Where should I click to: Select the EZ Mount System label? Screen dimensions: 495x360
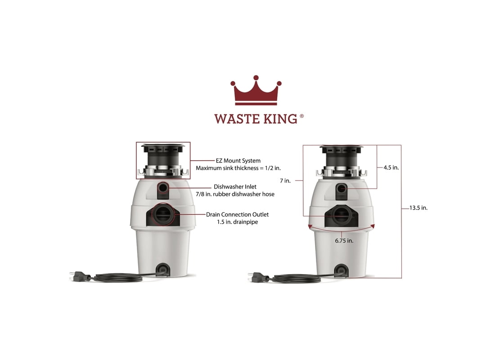pyautogui.click(x=238, y=161)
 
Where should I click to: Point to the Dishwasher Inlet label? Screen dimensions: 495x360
pyautogui.click(x=235, y=187)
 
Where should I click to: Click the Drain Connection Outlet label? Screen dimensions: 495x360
pyautogui.click(x=238, y=214)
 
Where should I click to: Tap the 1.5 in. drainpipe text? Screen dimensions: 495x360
pyautogui.click(x=238, y=222)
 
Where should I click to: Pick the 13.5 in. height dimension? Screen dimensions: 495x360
pyautogui.click(x=418, y=208)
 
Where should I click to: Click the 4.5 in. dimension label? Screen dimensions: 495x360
pyautogui.click(x=391, y=168)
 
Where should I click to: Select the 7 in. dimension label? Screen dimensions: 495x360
pyautogui.click(x=285, y=180)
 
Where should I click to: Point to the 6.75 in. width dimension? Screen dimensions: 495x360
pyautogui.click(x=344, y=241)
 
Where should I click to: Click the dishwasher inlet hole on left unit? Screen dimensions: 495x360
pyautogui.click(x=163, y=188)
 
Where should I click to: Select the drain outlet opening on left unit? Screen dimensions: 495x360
pyautogui.click(x=163, y=214)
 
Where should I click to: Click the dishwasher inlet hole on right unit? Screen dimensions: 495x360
pyautogui.click(x=341, y=189)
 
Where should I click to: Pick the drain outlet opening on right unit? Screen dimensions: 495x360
pyautogui.click(x=341, y=216)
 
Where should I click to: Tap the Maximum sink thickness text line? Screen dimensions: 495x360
pyautogui.click(x=238, y=168)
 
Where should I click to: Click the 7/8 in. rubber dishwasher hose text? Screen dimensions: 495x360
pyautogui.click(x=235, y=194)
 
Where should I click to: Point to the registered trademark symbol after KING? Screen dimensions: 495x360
pyautogui.click(x=301, y=116)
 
